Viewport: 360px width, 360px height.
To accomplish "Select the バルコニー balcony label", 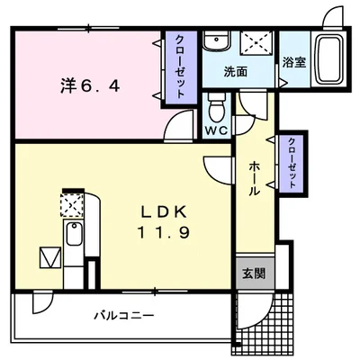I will point(123,316).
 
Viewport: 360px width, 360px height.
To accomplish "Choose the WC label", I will point(216,130).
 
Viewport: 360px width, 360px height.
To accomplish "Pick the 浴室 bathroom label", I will point(293,63).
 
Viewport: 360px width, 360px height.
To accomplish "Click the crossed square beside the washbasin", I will point(257,43).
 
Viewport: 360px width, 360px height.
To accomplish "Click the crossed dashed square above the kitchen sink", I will point(70,206).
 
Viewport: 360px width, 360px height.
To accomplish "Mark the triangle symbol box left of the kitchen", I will point(49,259).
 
